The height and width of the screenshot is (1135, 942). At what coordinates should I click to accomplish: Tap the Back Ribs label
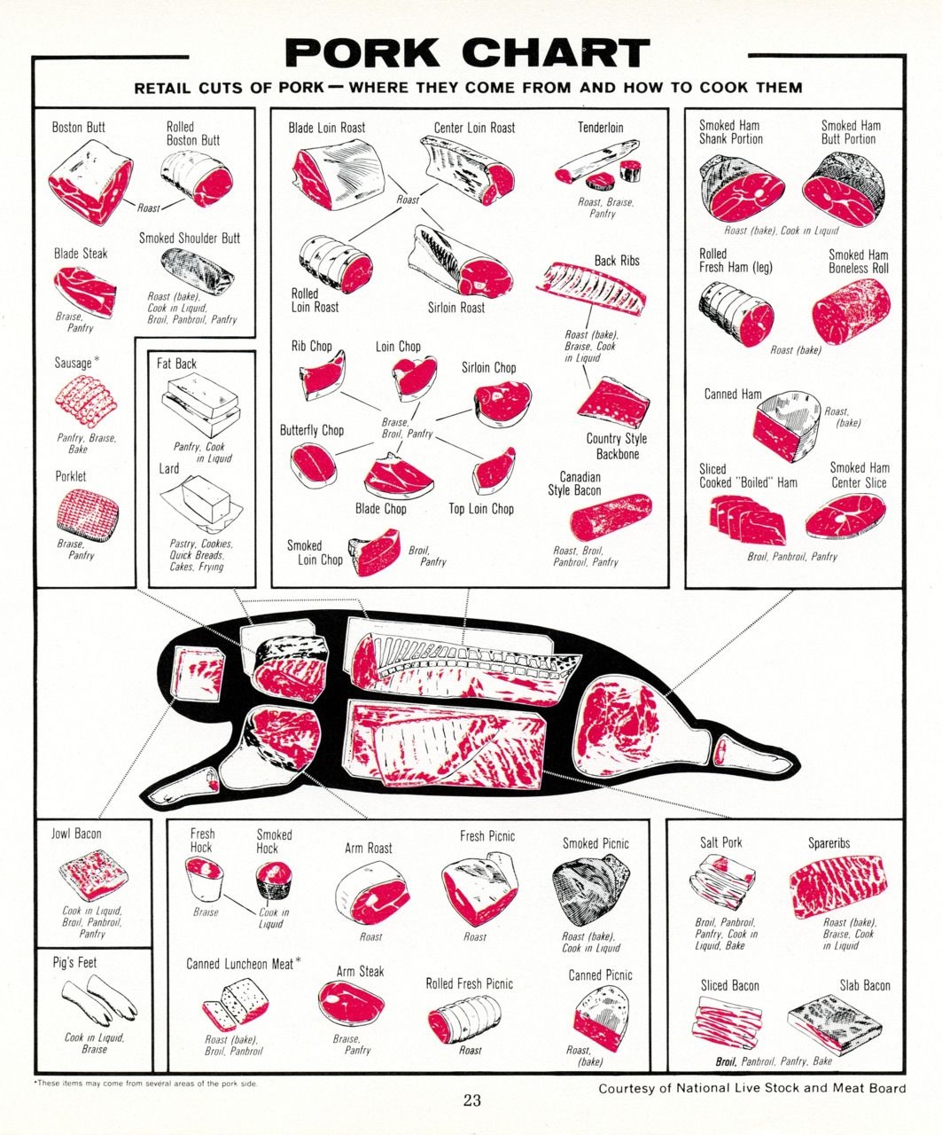tap(617, 261)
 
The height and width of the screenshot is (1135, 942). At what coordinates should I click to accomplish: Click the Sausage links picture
tap(85, 403)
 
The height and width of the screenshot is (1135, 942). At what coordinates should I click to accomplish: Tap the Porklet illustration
tap(87, 513)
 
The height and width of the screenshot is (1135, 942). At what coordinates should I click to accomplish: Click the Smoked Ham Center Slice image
tap(845, 516)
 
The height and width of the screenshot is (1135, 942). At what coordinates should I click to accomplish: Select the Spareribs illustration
tap(840, 888)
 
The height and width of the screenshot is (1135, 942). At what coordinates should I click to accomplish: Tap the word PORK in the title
tap(362, 52)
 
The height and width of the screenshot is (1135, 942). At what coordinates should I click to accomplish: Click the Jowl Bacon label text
tap(76, 834)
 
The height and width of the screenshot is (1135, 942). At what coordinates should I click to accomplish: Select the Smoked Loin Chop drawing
tap(374, 552)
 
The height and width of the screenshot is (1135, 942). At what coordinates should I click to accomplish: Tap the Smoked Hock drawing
tap(273, 879)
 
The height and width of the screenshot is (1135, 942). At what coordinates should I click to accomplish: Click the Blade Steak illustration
tap(85, 292)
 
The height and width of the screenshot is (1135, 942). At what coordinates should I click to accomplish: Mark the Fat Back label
tap(176, 364)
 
